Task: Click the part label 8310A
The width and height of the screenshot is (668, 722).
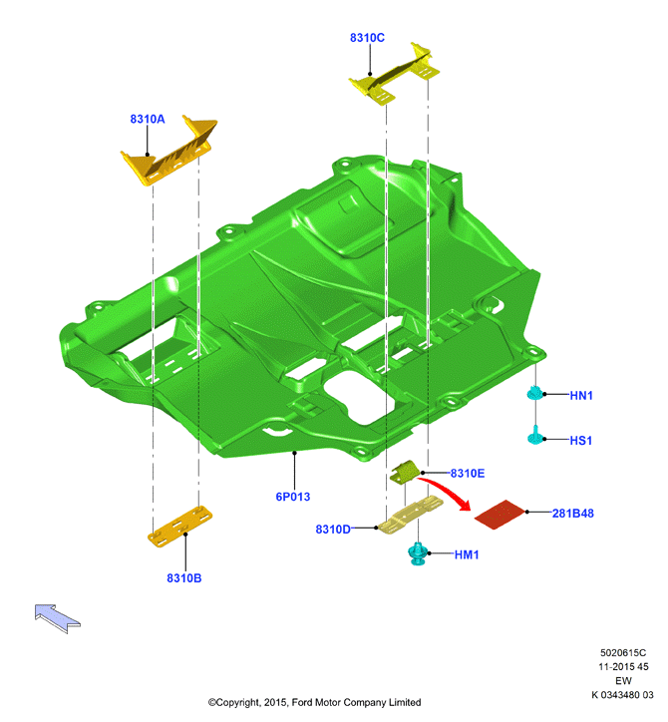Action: click(148, 119)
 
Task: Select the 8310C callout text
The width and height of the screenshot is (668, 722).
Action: click(367, 38)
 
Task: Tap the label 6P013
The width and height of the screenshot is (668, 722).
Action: click(293, 497)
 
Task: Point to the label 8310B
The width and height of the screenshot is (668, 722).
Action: click(184, 578)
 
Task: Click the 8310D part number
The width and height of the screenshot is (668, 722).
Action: click(333, 530)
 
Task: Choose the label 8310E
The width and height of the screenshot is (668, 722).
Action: click(468, 474)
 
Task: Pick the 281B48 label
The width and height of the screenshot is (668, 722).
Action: click(572, 513)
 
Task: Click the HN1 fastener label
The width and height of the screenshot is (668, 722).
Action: click(581, 396)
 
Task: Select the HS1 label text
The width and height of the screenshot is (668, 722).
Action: click(581, 441)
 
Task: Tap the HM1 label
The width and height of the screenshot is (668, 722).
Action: click(467, 554)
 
